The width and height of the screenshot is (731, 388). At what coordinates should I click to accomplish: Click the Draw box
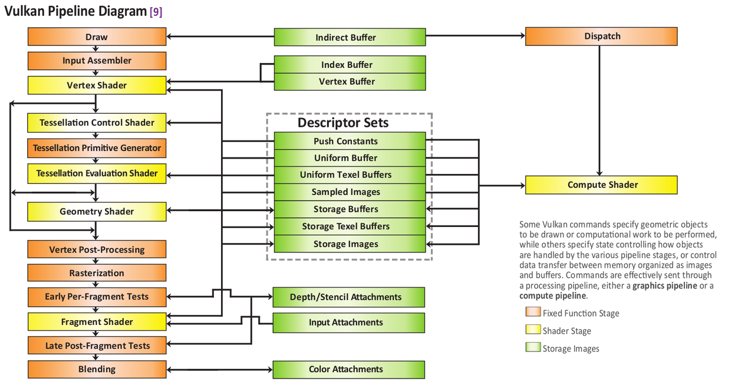(x=97, y=37)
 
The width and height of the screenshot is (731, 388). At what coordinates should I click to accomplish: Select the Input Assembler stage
(x=97, y=61)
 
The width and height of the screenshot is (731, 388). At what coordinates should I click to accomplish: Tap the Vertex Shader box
(x=97, y=85)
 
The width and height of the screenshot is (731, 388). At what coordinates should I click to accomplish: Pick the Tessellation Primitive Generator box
(x=97, y=148)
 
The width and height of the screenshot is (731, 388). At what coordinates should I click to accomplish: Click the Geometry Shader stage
(x=97, y=212)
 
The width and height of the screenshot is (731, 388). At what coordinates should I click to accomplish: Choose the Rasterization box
(x=97, y=273)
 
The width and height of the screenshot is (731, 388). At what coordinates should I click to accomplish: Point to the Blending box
(x=97, y=369)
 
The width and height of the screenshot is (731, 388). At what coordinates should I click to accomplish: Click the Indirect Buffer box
(x=350, y=37)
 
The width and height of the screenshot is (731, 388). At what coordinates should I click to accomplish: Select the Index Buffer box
(x=350, y=64)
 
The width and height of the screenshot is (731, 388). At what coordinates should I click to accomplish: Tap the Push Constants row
(x=350, y=141)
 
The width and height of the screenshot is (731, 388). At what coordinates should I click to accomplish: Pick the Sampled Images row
(x=350, y=192)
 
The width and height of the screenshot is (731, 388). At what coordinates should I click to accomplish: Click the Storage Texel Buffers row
(x=350, y=226)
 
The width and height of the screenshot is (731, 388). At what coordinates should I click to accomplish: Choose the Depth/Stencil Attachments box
(x=349, y=297)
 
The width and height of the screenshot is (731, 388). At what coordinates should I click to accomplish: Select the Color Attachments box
(x=349, y=370)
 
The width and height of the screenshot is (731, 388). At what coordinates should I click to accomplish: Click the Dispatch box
(x=601, y=36)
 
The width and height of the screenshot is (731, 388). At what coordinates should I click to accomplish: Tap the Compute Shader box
(x=601, y=185)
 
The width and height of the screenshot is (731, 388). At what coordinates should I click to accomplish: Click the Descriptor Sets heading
(x=343, y=123)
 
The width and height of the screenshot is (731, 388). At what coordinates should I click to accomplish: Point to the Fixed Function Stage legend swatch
(x=534, y=312)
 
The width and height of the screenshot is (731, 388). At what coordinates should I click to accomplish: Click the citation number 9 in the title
(x=156, y=12)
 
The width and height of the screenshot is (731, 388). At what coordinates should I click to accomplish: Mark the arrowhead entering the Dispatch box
(x=523, y=35)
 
